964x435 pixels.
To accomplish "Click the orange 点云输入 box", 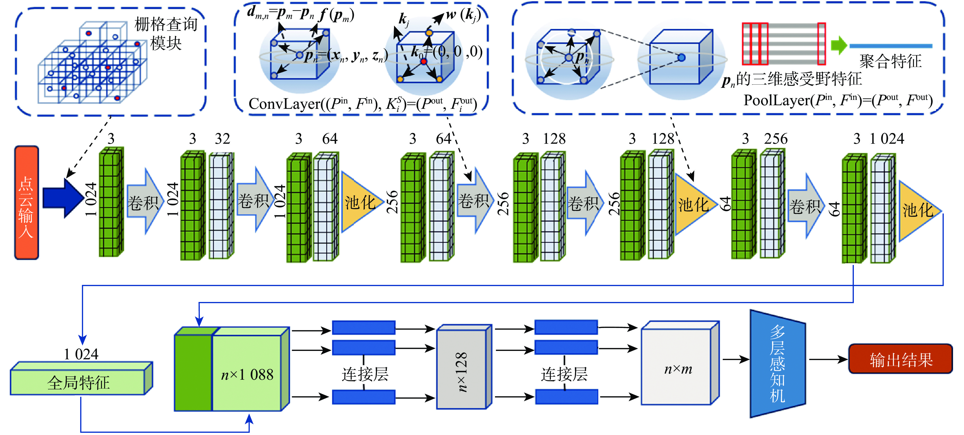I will tap(26, 203).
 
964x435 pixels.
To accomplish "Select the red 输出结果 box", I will tap(900, 359).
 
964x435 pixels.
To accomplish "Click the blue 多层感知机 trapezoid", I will tap(777, 364).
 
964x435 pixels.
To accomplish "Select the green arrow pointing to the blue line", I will tap(838, 45).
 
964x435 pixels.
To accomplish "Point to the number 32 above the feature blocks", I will tap(222, 139).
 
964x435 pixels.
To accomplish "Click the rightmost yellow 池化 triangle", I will tap(917, 210).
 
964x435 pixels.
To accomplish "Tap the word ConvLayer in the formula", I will tap(284, 104).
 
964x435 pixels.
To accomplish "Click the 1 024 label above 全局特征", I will tap(81, 354).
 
